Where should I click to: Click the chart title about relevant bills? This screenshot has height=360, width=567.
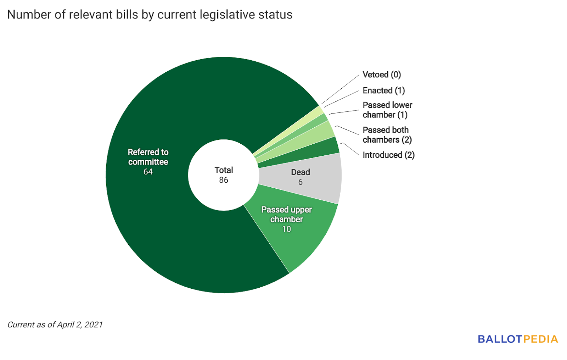click(x=150, y=15)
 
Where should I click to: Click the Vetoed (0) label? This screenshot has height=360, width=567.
click(x=382, y=75)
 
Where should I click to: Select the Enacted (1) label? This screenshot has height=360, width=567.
click(x=383, y=91)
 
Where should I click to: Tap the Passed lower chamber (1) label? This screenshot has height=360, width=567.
click(x=387, y=110)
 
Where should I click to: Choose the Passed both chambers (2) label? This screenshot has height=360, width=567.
click(x=387, y=135)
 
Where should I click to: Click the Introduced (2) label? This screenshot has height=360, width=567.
click(x=388, y=155)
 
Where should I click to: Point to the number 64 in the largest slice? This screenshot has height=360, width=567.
click(x=148, y=172)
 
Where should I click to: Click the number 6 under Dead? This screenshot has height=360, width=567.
click(x=300, y=182)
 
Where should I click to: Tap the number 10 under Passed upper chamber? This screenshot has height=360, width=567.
click(x=286, y=229)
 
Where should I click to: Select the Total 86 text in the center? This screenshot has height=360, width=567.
click(x=224, y=175)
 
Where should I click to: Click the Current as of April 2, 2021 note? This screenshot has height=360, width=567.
click(x=55, y=325)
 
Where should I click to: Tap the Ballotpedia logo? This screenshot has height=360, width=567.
click(x=517, y=339)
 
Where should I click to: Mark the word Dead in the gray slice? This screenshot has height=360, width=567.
click(x=301, y=172)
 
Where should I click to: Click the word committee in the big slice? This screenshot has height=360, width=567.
click(x=148, y=162)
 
